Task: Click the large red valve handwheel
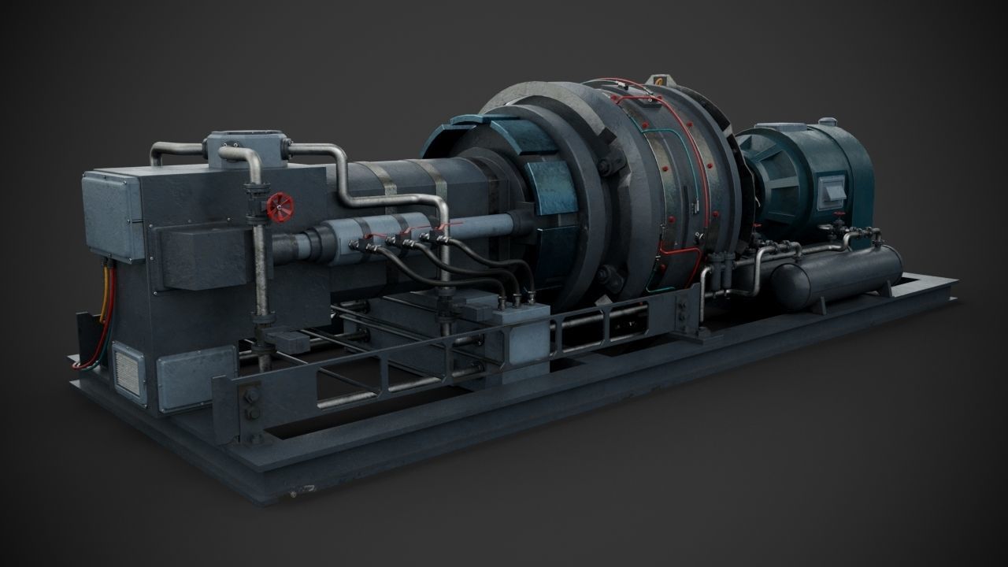click(x=280, y=208)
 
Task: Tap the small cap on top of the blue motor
click(x=827, y=122)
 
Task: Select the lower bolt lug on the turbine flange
click(x=604, y=276)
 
